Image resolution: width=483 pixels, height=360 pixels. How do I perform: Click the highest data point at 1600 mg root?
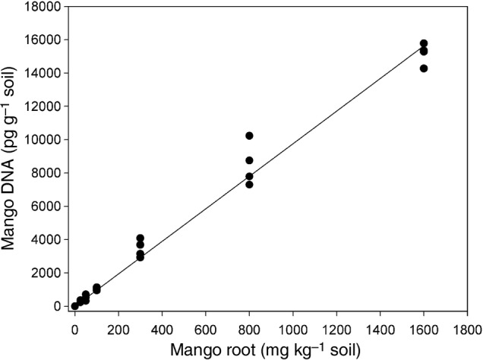pyautogui.click(x=424, y=43)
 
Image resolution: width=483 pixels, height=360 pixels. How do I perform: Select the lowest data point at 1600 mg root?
pyautogui.click(x=424, y=68)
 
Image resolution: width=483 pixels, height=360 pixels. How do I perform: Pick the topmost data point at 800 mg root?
pyautogui.click(x=249, y=136)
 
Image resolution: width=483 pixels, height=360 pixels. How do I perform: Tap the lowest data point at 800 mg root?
pyautogui.click(x=249, y=185)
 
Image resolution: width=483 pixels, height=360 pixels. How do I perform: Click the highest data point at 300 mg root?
pyautogui.click(x=140, y=238)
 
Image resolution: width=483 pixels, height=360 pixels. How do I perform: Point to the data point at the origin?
pyautogui.click(x=74, y=306)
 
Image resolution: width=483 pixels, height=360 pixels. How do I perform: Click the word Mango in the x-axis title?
pyautogui.click(x=195, y=350)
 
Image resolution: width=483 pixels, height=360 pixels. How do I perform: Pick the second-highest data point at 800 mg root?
pyautogui.click(x=249, y=160)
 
